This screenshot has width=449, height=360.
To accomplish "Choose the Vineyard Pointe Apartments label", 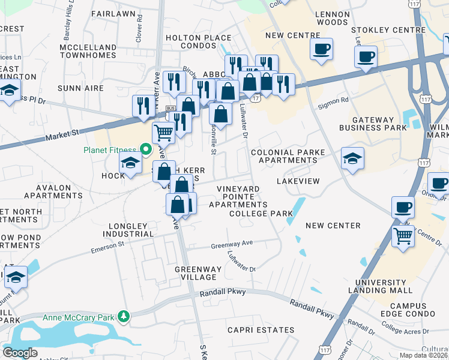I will [238, 196].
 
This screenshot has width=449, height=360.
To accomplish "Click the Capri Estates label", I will [261, 330].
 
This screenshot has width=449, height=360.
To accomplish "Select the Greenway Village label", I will [195, 273].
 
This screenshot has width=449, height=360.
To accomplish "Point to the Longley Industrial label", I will [128, 230].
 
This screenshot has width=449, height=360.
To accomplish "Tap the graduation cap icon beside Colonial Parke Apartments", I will [352, 158].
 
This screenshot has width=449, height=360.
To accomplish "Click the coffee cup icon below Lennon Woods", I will [321, 49].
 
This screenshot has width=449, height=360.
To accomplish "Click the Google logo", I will [20, 353].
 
